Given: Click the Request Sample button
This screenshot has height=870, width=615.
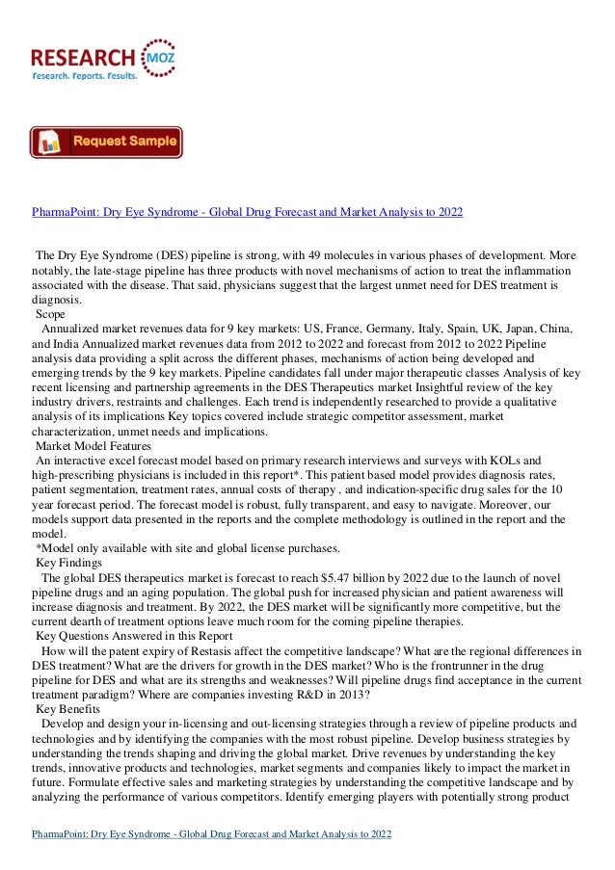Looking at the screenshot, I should click(x=106, y=143).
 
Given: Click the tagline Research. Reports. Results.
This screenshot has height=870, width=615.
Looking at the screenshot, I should click(x=85, y=74).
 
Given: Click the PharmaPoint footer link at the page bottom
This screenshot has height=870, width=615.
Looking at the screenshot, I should click(x=211, y=832).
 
